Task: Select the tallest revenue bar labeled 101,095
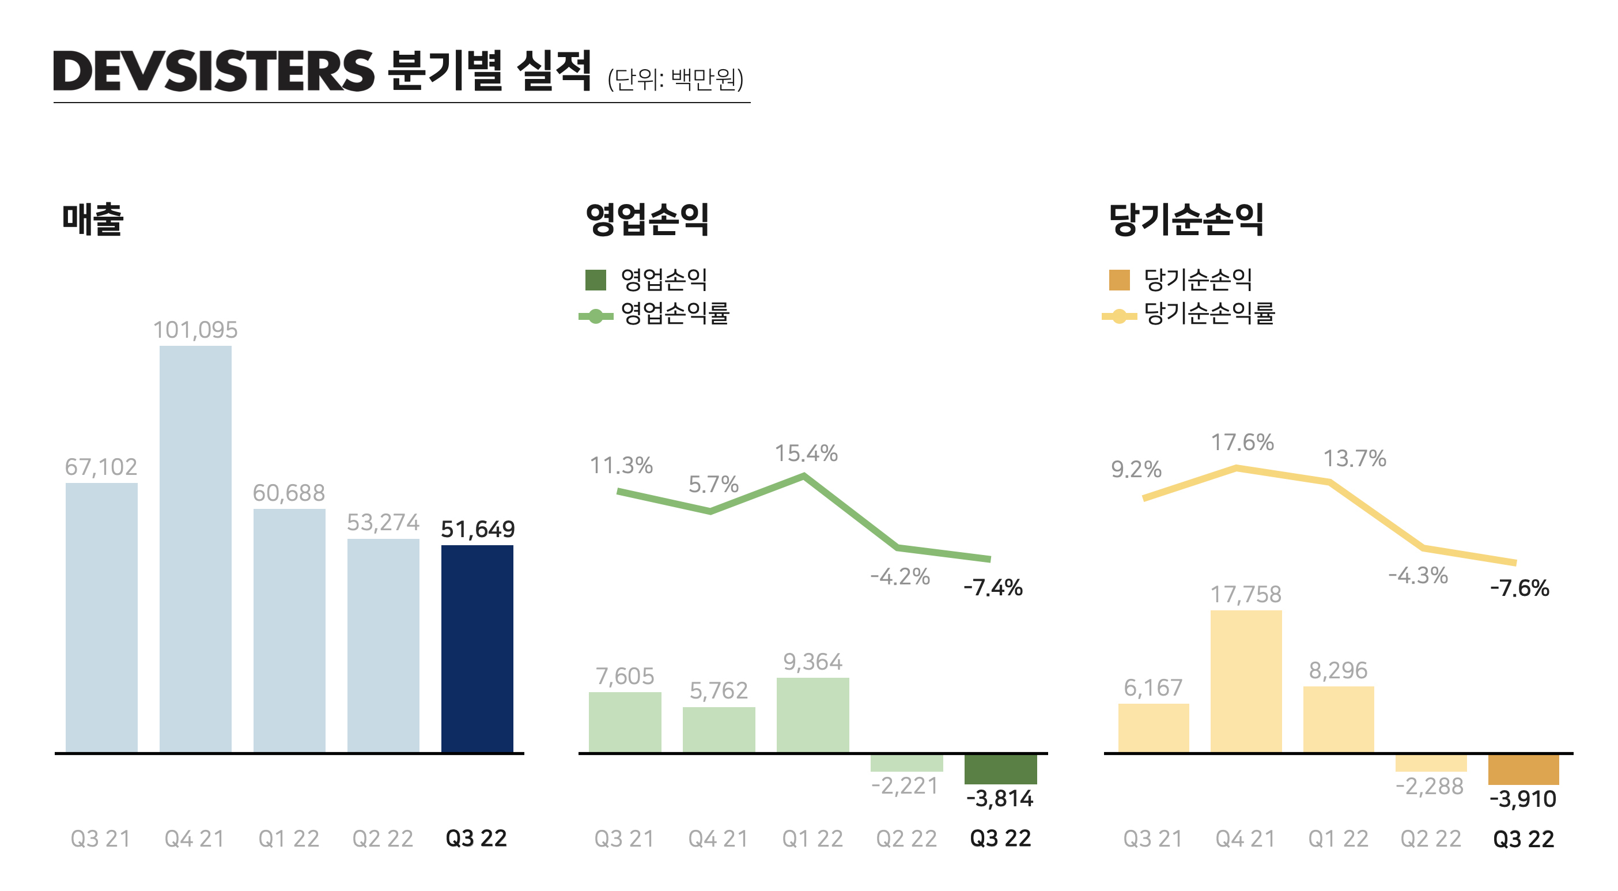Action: pos(195,548)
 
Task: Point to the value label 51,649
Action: pos(477,529)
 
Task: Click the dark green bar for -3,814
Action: pos(1000,768)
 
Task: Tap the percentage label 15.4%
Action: pos(806,453)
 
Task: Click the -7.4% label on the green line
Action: pos(992,587)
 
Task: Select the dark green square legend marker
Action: pos(595,280)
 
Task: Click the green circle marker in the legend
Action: pos(595,316)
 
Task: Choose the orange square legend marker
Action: pos(1119,280)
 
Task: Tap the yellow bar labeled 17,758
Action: pos(1246,681)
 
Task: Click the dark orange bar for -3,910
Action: pos(1522,769)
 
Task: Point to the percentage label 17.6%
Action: pos(1242,443)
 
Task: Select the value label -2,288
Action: pos(1429,786)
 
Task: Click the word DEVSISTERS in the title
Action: pos(214,71)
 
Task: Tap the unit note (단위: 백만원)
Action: pos(675,79)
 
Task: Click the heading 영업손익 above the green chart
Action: pos(647,220)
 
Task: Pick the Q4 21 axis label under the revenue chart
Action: pos(195,838)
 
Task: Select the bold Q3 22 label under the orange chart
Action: pos(1523,839)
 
